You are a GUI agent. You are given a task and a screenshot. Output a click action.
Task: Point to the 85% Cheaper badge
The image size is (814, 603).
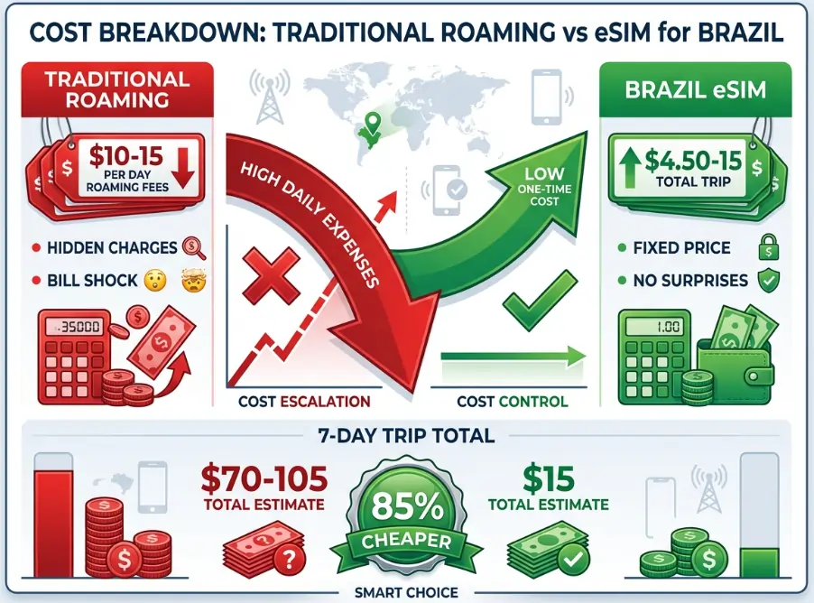pyautogui.click(x=406, y=515)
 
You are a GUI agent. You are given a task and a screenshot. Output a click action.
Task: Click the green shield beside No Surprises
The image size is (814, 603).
pyautogui.click(x=768, y=281)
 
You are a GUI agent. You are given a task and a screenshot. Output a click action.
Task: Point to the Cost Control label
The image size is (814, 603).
pyautogui.click(x=512, y=401)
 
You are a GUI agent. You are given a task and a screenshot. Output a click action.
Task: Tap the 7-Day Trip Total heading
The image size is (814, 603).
pyautogui.click(x=407, y=436)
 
